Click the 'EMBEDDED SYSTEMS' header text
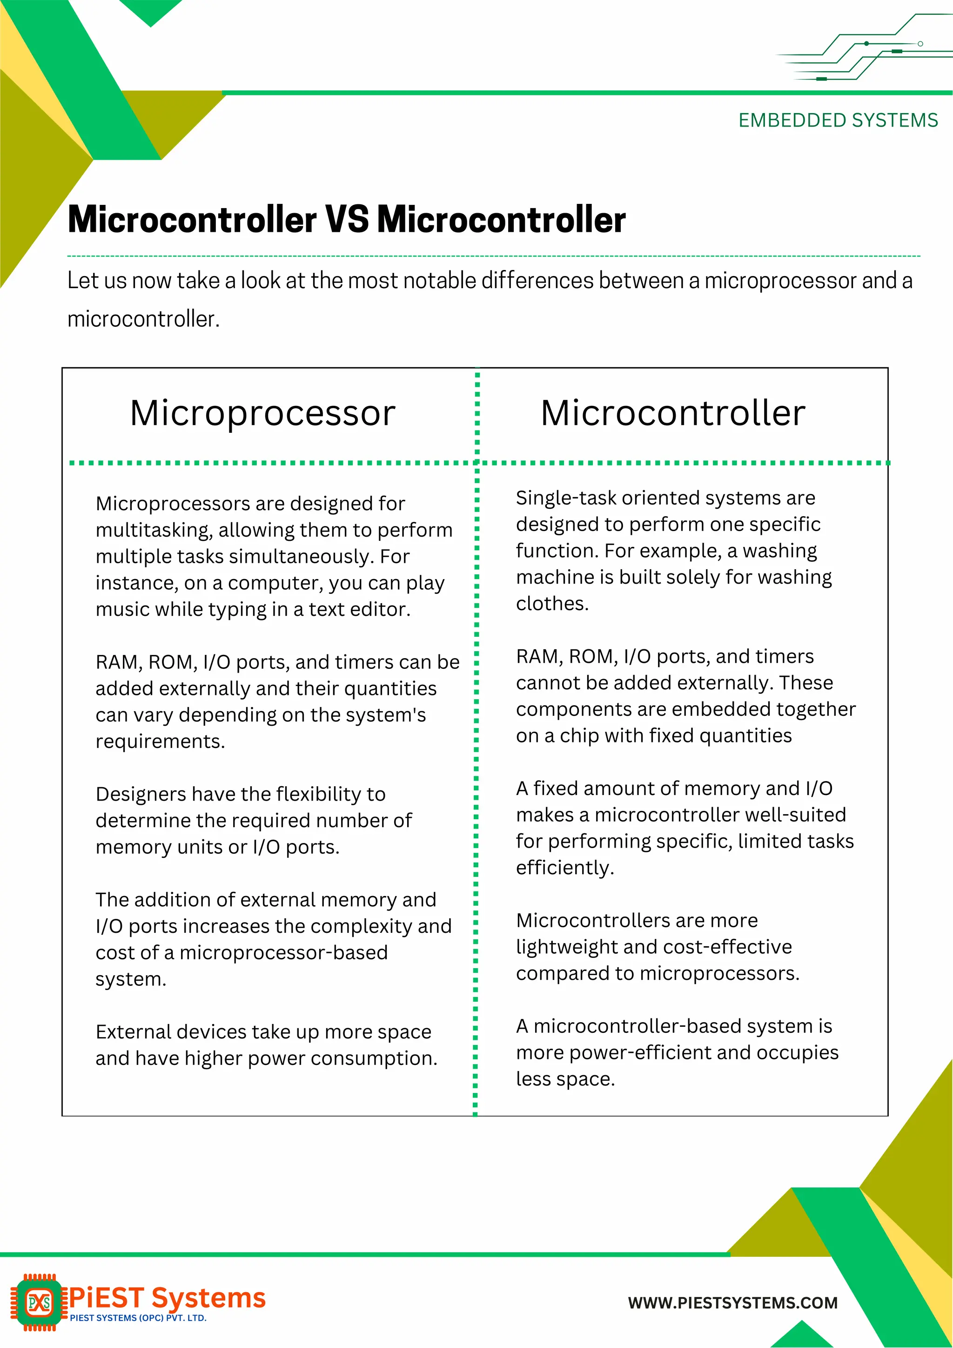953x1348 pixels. (x=838, y=121)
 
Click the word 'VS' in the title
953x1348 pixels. (x=347, y=220)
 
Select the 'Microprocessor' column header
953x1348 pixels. (x=262, y=413)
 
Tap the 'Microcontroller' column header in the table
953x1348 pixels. (x=672, y=413)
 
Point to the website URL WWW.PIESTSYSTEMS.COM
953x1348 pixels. (x=732, y=1303)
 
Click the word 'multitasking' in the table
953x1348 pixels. (x=153, y=530)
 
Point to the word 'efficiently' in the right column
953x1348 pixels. (x=564, y=867)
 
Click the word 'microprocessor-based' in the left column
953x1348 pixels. (x=283, y=952)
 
